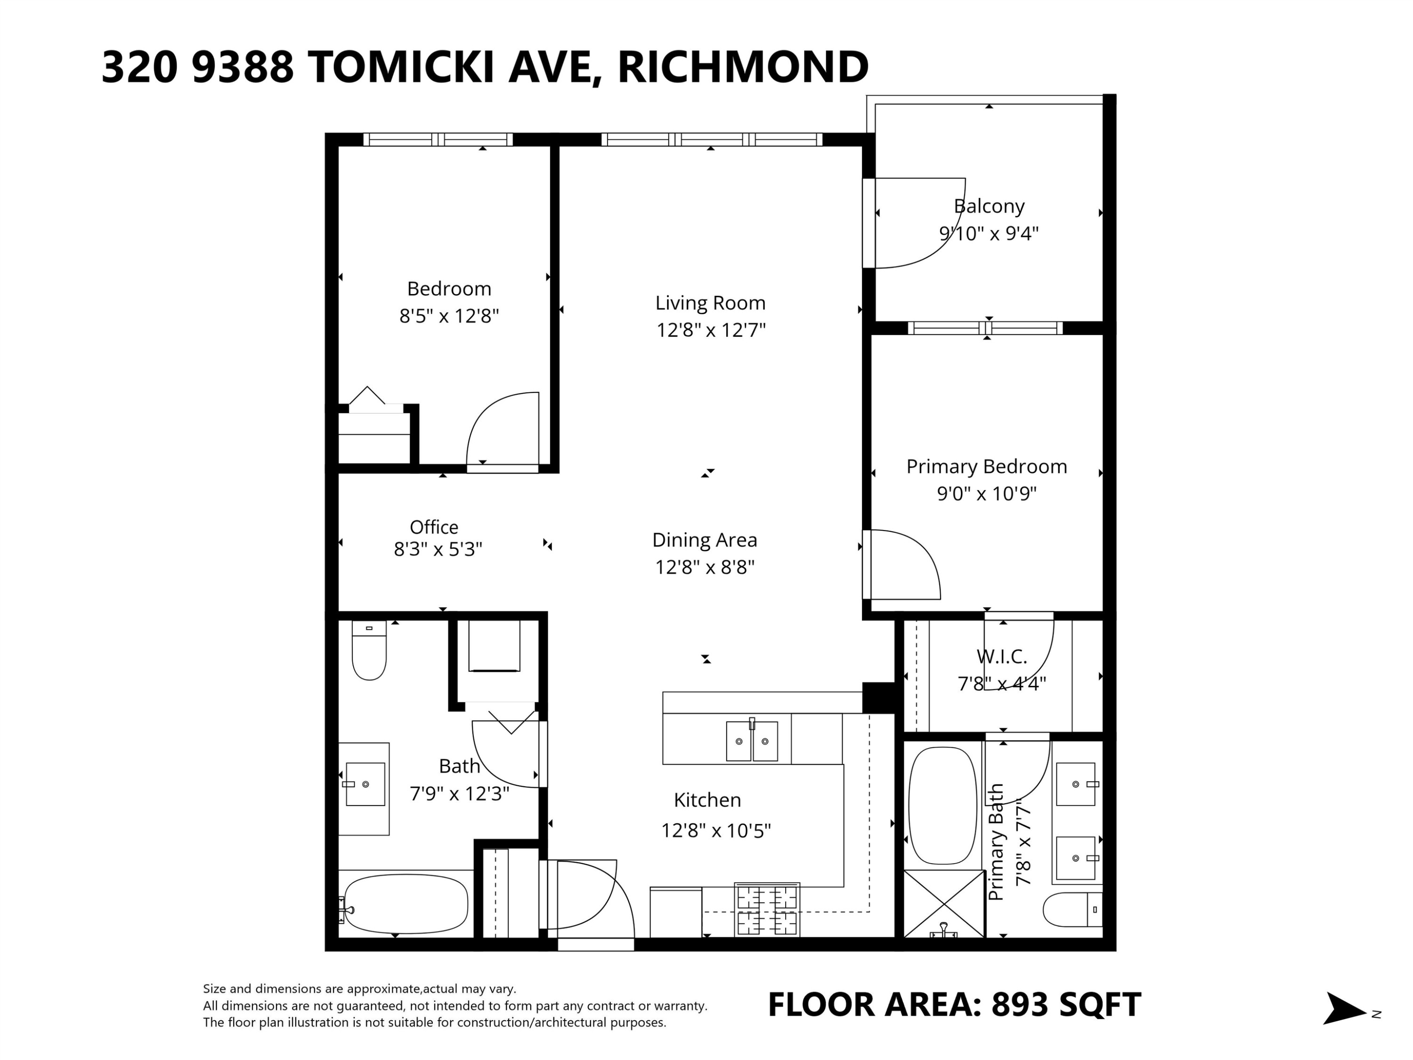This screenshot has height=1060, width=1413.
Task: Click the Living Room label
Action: (x=710, y=303)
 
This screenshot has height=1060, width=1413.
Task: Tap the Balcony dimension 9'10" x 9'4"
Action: (x=989, y=234)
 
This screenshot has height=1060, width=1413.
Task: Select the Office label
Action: (x=434, y=527)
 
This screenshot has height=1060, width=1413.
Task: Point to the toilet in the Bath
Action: (x=369, y=650)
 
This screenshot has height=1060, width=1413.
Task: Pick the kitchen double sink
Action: (x=752, y=741)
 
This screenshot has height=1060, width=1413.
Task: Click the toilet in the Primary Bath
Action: (x=1072, y=909)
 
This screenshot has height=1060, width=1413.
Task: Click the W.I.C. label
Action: (x=1002, y=656)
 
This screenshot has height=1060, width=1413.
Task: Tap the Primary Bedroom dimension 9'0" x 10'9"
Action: (x=987, y=494)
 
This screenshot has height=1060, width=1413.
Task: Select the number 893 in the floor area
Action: (x=1020, y=1004)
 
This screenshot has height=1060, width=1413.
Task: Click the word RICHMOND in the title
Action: (x=743, y=67)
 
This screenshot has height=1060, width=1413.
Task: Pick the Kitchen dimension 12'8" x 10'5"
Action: (x=716, y=831)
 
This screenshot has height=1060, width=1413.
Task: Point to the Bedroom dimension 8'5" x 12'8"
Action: (x=449, y=316)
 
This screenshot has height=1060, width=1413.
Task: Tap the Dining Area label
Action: (x=705, y=540)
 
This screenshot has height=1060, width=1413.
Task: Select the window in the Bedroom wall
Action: (x=438, y=139)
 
